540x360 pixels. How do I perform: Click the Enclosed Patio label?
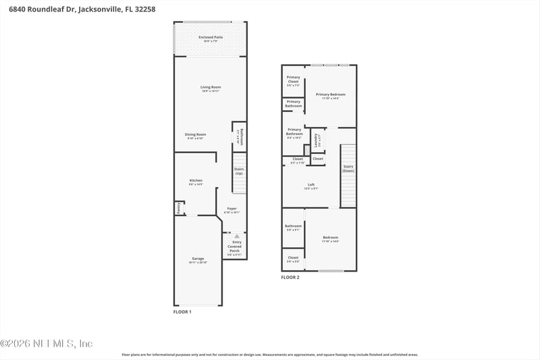[210, 38]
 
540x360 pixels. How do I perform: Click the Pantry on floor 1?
[179, 208]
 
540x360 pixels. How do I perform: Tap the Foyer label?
[232, 210]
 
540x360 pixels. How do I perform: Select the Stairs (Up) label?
[239, 171]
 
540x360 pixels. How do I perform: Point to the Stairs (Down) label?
[348, 168]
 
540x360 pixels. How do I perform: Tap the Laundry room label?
[317, 140]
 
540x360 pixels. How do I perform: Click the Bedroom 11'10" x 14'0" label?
[330, 238]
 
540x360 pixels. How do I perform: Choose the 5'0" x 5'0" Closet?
[293, 259]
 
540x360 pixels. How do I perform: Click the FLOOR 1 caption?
[182, 312]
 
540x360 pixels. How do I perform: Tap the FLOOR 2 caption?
[290, 277]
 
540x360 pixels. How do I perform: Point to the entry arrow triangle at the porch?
[236, 237]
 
